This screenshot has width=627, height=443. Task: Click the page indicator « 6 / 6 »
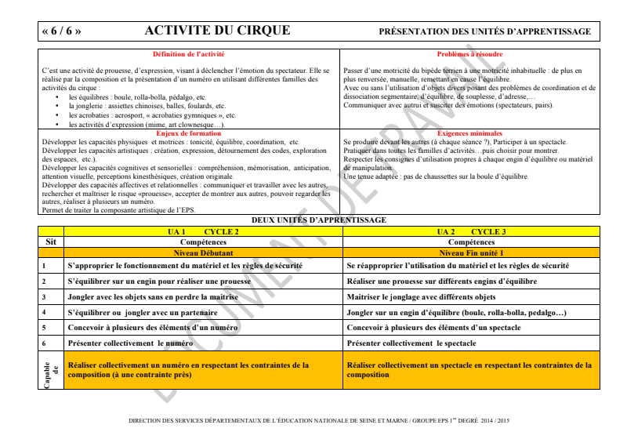pyautogui.click(x=61, y=31)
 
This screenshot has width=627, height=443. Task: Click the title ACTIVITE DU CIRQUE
pyautogui.click(x=217, y=31)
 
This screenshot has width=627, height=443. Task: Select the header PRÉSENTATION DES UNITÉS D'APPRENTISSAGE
pyautogui.click(x=484, y=31)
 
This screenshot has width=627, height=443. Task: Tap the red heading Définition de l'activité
pyautogui.click(x=188, y=54)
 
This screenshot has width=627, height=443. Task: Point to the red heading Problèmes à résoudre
pyautogui.click(x=469, y=54)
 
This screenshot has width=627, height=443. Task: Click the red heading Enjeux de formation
pyautogui.click(x=188, y=133)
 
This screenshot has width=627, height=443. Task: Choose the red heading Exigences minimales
pyautogui.click(x=469, y=133)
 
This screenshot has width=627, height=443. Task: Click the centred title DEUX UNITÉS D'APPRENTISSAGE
pyautogui.click(x=318, y=220)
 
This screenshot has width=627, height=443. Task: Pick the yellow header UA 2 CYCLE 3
pyautogui.click(x=471, y=232)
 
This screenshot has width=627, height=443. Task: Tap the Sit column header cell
pyautogui.click(x=51, y=242)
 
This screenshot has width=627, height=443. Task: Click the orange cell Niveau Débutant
pyautogui.click(x=203, y=253)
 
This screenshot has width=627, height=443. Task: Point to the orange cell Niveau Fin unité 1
pyautogui.click(x=471, y=253)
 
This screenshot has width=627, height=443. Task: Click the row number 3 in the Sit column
pyautogui.click(x=44, y=297)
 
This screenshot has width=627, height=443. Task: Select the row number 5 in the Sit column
pyautogui.click(x=44, y=328)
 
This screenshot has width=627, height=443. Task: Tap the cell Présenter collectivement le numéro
pyautogui.click(x=130, y=343)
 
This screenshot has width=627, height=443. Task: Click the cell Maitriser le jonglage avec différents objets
pyautogui.click(x=421, y=297)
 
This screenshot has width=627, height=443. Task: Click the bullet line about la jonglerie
pyautogui.click(x=147, y=105)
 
